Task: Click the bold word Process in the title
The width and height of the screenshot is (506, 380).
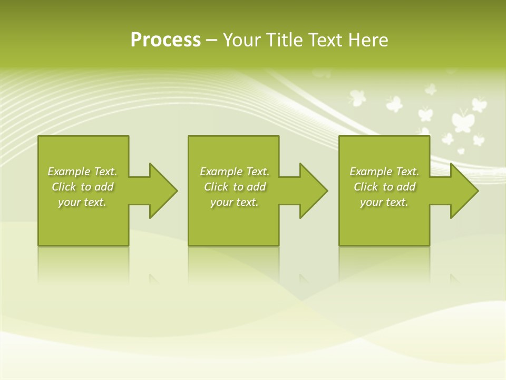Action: (166, 40)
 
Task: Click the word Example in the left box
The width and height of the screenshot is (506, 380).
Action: (69, 172)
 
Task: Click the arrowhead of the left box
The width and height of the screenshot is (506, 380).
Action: (163, 191)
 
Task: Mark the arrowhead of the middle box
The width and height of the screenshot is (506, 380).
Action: (314, 191)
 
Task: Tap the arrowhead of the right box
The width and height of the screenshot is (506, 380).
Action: (464, 191)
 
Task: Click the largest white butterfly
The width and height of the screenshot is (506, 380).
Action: (462, 120)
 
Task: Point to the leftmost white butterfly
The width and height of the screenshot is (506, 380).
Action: (357, 97)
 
